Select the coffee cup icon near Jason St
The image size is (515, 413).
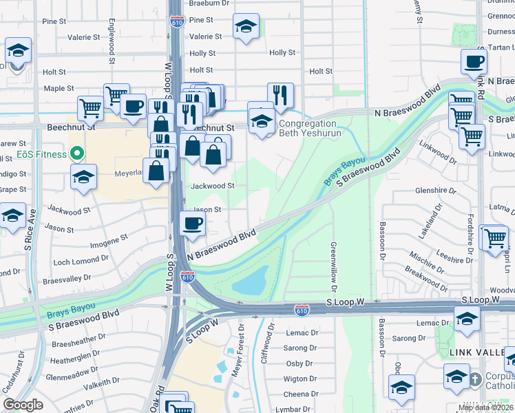[192, 224]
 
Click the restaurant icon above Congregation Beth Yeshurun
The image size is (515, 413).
[280, 95]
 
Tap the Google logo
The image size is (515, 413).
[23, 405]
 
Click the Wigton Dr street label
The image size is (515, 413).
[299, 379]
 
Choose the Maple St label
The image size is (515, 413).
[59, 88]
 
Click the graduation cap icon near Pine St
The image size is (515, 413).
[246, 27]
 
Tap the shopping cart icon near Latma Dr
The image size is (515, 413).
[494, 237]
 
